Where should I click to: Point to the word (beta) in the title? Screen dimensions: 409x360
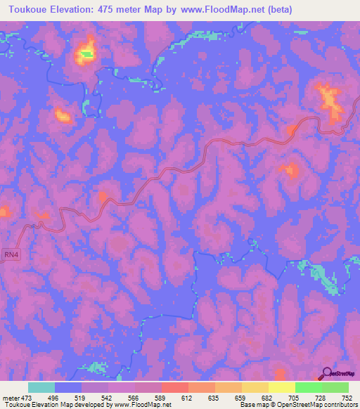[277, 9]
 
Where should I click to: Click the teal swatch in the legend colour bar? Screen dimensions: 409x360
[41, 387]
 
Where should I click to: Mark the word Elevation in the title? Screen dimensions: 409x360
[77, 9]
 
